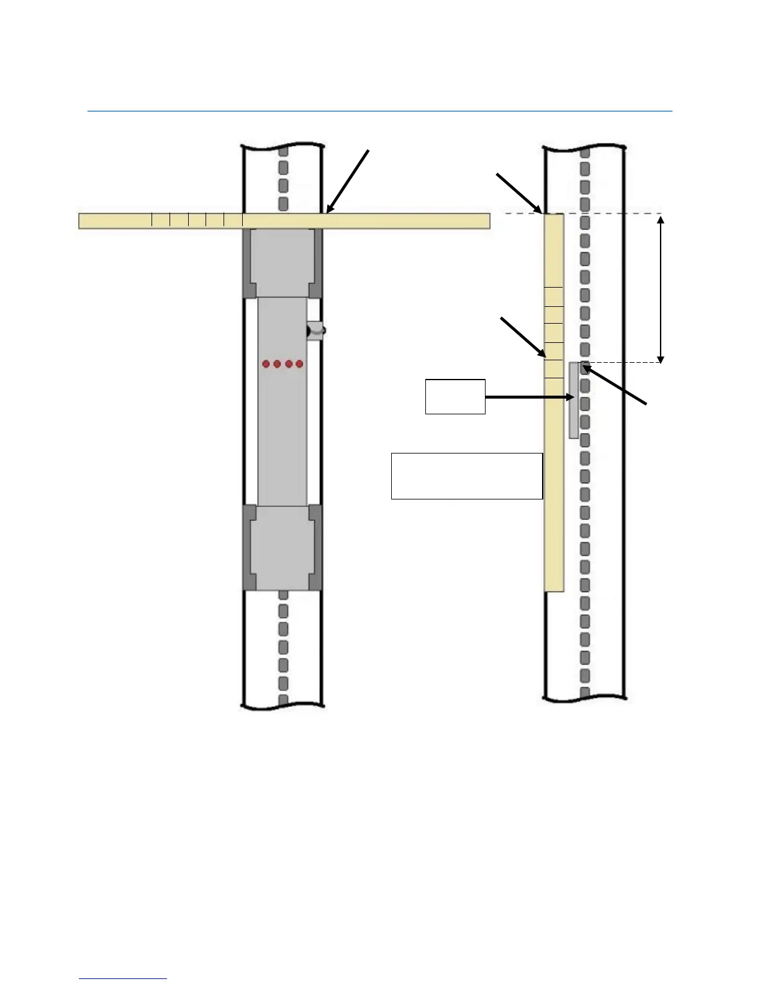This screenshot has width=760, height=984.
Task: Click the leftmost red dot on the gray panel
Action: pyautogui.click(x=266, y=363)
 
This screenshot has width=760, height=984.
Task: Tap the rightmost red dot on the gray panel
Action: pyautogui.click(x=299, y=363)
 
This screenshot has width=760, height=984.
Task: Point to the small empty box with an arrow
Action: pyautogui.click(x=455, y=396)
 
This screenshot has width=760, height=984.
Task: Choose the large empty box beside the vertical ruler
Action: pyautogui.click(x=467, y=476)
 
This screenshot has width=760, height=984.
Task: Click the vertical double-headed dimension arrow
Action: pyautogui.click(x=661, y=288)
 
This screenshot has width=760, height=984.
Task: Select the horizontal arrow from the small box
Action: pyautogui.click(x=528, y=396)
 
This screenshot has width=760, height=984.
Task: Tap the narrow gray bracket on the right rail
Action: pyautogui.click(x=574, y=401)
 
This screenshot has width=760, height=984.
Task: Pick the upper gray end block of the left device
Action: pyautogui.click(x=282, y=263)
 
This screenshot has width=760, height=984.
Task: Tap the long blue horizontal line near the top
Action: pyautogui.click(x=380, y=112)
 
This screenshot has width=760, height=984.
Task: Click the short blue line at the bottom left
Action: pyautogui.click(x=123, y=978)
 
